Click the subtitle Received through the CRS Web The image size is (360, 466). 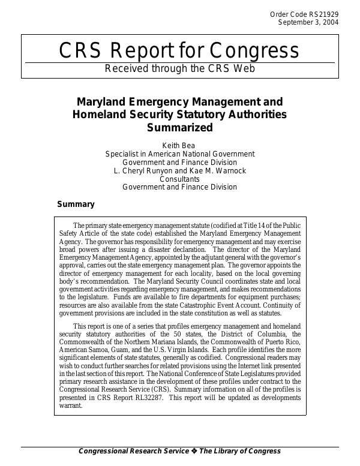[180, 68]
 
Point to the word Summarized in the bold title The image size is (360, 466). [180, 127]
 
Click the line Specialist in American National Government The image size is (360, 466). [180, 154]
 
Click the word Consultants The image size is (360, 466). [180, 179]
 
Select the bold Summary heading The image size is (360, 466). [76, 205]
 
